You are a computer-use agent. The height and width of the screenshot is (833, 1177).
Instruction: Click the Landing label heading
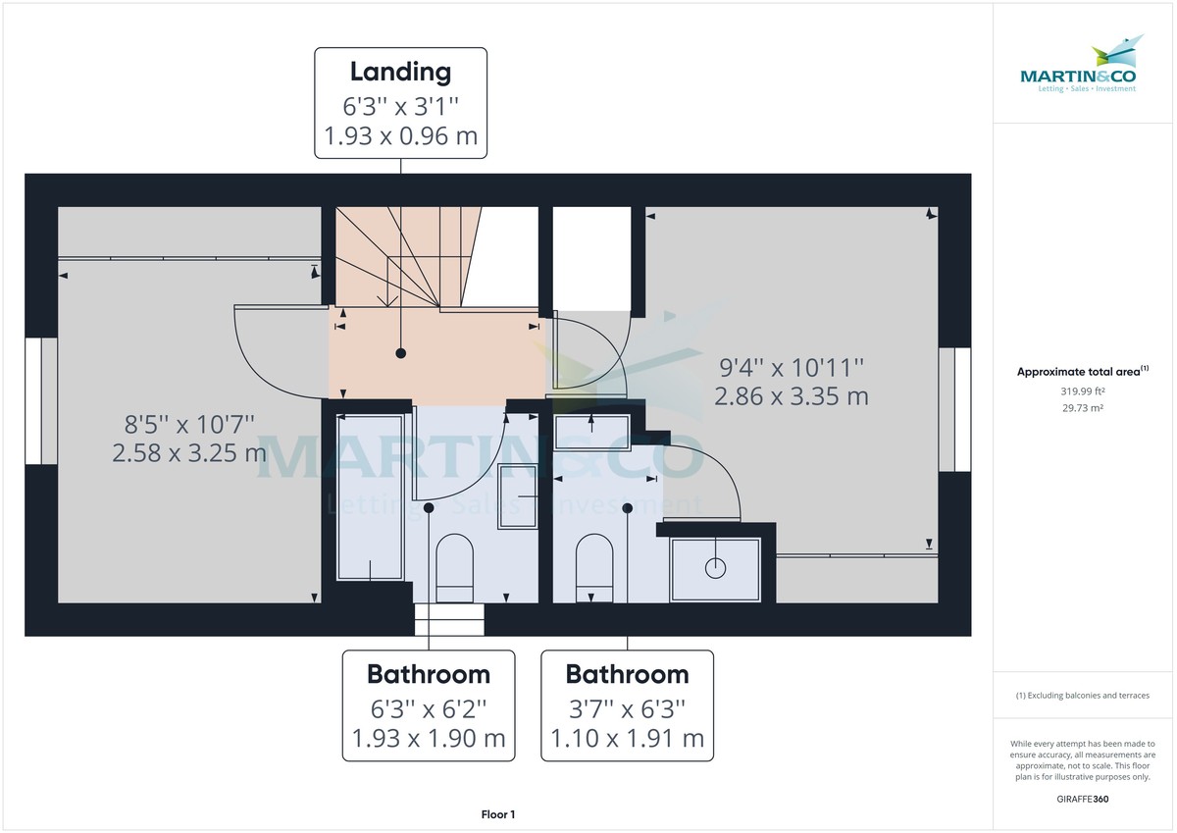pyautogui.click(x=400, y=72)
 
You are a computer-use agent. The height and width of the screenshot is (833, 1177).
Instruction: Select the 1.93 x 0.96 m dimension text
pyautogui.click(x=400, y=135)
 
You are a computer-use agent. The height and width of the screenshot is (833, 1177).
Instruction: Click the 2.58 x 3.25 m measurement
pyautogui.click(x=189, y=452)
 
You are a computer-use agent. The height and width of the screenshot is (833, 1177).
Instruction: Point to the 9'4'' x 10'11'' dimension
pyautogui.click(x=792, y=368)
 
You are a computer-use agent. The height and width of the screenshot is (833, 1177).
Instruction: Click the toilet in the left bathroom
pyautogui.click(x=454, y=567)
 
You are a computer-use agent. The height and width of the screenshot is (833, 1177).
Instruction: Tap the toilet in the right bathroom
pyautogui.click(x=594, y=567)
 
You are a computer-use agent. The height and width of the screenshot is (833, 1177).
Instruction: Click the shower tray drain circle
pyautogui.click(x=716, y=566)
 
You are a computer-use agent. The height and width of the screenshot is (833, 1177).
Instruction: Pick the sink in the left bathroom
pyautogui.click(x=518, y=497)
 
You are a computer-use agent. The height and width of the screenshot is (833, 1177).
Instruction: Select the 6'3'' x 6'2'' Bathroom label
pyautogui.click(x=429, y=705)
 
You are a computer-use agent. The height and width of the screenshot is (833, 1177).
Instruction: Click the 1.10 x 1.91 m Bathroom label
pyautogui.click(x=628, y=738)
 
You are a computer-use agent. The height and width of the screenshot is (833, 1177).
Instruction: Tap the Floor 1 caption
pyautogui.click(x=498, y=814)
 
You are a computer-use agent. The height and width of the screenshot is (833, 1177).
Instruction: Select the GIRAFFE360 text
pyautogui.click(x=1083, y=799)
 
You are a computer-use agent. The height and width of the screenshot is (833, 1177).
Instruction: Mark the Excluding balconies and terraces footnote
pyautogui.click(x=1083, y=695)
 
